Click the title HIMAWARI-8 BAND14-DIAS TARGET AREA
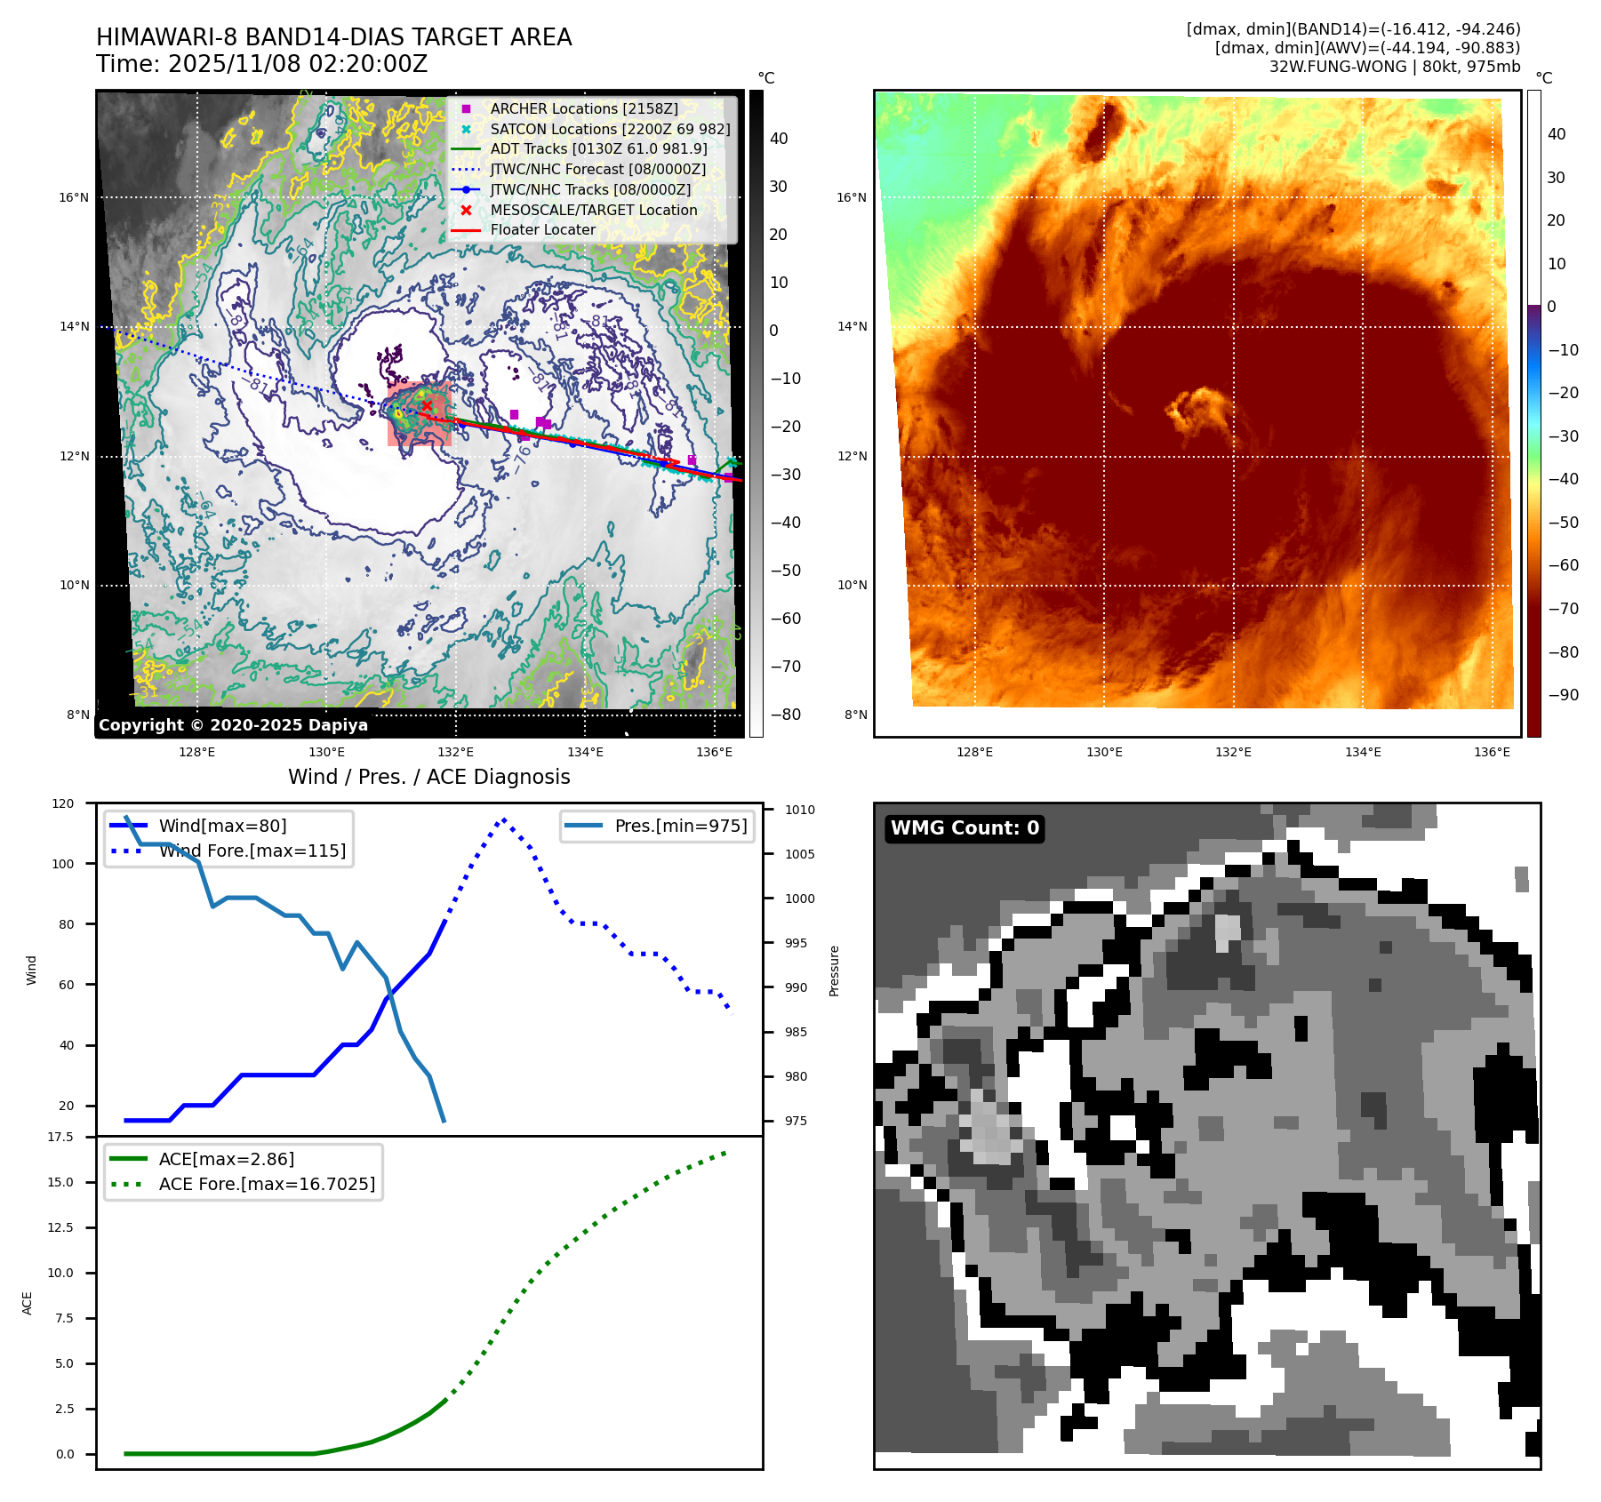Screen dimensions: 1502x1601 point(333,37)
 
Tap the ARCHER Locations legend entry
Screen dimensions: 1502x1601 point(583,108)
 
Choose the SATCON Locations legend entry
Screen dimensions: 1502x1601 point(610,129)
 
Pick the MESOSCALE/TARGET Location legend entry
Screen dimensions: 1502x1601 point(593,210)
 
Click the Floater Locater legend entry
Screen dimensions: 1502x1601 point(542,229)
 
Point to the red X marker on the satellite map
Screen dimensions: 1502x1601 point(427,406)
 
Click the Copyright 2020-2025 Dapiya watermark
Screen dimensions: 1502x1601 point(233,725)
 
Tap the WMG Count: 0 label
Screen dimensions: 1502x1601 point(965,828)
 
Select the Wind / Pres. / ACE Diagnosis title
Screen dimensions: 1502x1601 point(428,777)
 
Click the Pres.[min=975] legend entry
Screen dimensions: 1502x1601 point(680,826)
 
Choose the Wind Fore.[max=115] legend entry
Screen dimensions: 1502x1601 point(252,851)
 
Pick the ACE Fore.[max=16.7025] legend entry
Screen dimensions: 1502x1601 point(267,1184)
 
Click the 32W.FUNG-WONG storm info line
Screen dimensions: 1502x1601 point(1394,67)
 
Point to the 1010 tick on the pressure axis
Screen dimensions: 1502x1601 point(799,810)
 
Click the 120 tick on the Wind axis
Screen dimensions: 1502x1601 point(63,803)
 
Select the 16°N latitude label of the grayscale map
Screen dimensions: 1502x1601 point(74,197)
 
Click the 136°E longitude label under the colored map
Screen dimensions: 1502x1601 point(1492,752)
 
